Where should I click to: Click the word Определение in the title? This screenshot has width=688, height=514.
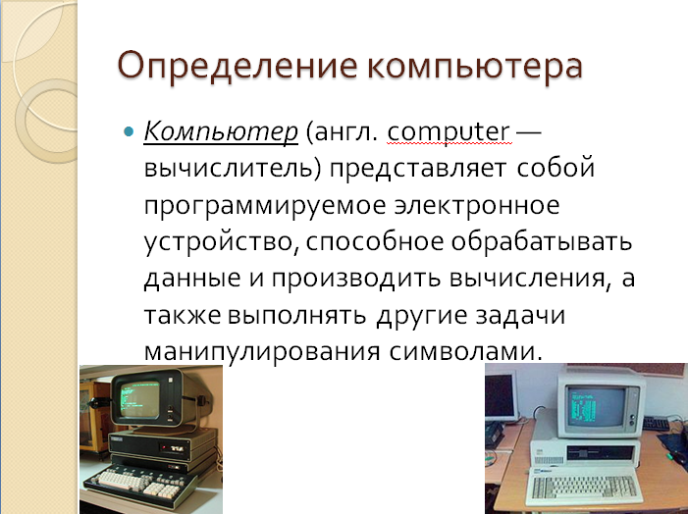click(238, 67)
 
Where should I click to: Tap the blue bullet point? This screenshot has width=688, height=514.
click(129, 131)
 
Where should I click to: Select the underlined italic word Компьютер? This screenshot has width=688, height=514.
click(221, 132)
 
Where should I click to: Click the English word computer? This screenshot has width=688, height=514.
click(449, 131)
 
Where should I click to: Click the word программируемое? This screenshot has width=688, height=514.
click(265, 206)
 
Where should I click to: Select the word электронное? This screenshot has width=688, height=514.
click(477, 204)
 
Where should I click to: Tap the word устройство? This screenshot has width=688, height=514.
click(219, 242)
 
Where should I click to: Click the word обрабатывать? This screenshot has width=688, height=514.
click(542, 240)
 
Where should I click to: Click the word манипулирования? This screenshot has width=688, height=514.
click(261, 352)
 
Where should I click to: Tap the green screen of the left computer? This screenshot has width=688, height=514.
click(139, 399)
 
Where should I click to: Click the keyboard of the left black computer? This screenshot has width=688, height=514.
click(140, 484)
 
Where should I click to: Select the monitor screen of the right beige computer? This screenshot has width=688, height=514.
click(596, 406)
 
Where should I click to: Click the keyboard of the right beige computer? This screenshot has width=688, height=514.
click(584, 486)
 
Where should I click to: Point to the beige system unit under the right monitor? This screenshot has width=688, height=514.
click(585, 452)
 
